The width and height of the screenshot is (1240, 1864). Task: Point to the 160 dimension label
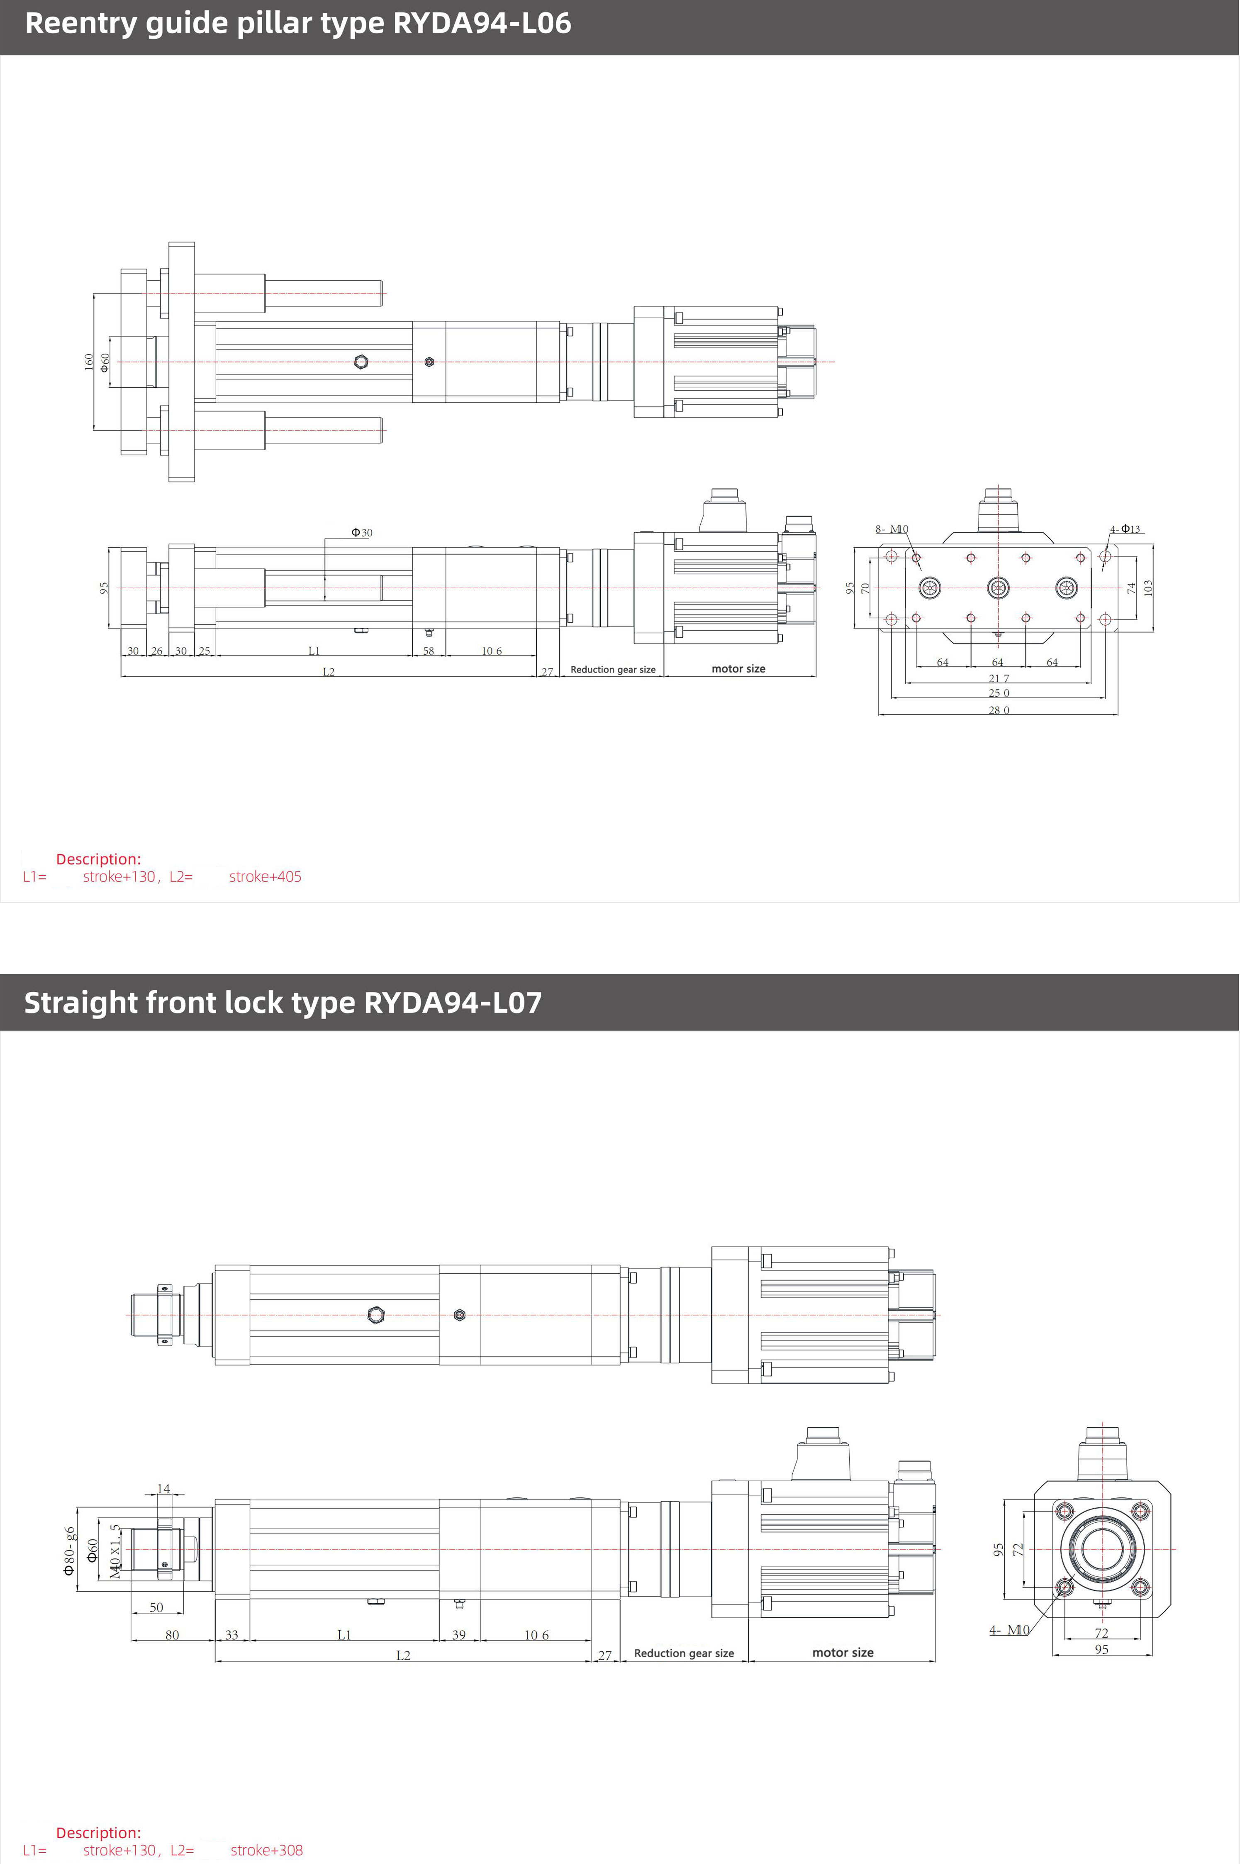point(89,362)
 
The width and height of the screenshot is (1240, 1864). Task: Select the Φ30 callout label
point(361,533)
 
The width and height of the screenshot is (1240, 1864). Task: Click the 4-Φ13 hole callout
point(1125,528)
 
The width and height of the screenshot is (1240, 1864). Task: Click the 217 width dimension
point(999,678)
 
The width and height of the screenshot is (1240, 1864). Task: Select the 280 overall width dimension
point(999,709)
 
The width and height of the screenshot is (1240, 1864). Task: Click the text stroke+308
point(266,1850)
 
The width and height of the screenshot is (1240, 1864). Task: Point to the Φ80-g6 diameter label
point(70,1551)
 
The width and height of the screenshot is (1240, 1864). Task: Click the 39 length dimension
point(459,1634)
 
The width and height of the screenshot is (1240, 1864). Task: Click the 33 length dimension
point(232,1634)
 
